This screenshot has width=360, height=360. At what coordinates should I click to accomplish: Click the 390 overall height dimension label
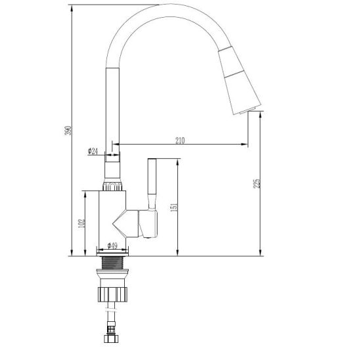click(68, 130)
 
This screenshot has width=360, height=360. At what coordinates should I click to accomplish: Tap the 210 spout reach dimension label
click(180, 141)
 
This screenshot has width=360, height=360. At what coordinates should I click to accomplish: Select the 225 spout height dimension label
click(257, 183)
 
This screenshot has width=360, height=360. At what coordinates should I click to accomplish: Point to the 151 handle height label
click(174, 207)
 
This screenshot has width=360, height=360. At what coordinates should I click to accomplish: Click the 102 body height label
click(81, 223)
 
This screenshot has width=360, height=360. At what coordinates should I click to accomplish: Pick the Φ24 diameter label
click(93, 151)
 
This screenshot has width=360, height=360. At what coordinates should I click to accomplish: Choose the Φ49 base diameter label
click(112, 246)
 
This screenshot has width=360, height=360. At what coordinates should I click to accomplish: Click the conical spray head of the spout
click(238, 80)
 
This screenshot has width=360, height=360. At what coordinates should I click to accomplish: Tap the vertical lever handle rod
click(152, 184)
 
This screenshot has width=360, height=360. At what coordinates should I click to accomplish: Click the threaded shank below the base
click(112, 263)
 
